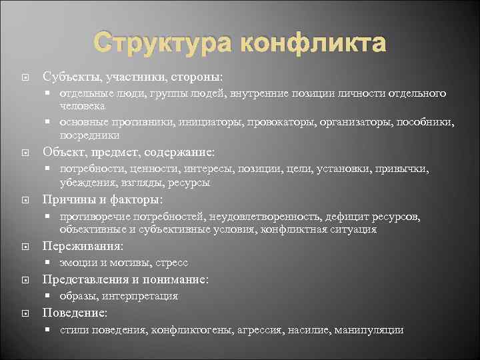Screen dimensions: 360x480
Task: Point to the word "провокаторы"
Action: (x=285, y=122)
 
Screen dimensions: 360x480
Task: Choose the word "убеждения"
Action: (x=85, y=182)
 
